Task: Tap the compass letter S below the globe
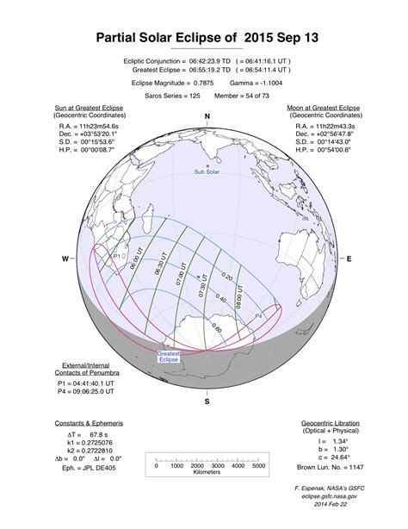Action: [207, 401]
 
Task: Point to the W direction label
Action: [65, 258]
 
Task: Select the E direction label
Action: [349, 258]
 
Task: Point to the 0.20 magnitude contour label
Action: [227, 277]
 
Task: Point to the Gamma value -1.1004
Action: [268, 83]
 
